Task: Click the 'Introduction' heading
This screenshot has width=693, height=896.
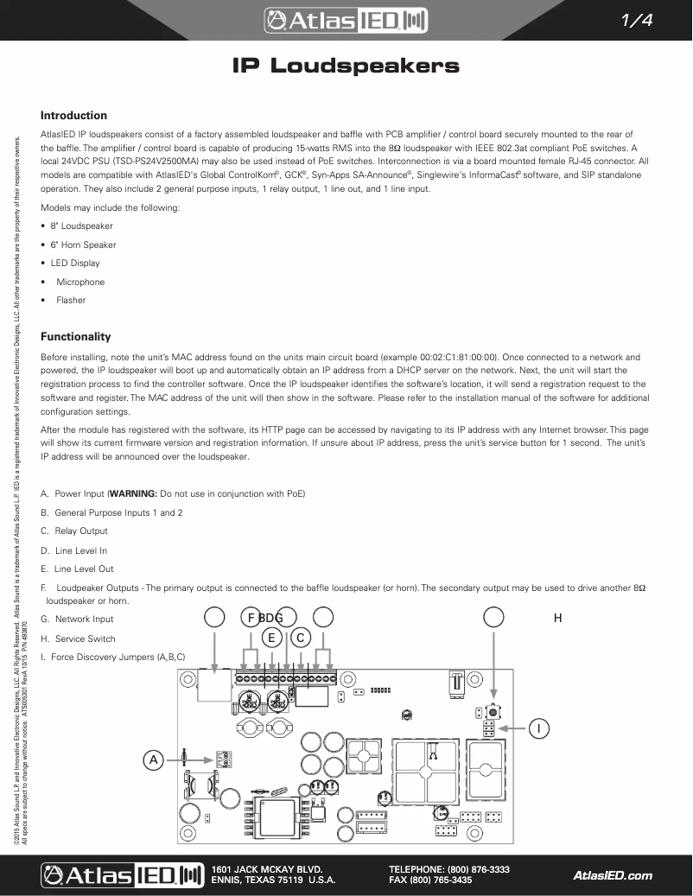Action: [74, 116]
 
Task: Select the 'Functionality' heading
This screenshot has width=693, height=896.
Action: [76, 337]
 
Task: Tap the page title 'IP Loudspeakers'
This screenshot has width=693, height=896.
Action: [346, 67]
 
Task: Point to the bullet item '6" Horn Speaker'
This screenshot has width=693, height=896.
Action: [83, 245]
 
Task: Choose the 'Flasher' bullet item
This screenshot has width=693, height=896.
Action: [71, 301]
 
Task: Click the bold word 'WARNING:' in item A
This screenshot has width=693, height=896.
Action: [132, 493]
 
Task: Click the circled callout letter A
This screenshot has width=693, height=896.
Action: [153, 760]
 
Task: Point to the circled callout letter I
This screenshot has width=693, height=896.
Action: [538, 729]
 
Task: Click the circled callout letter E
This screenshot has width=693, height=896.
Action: [271, 638]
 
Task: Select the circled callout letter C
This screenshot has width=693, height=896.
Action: [300, 638]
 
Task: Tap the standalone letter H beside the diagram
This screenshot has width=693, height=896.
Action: [558, 618]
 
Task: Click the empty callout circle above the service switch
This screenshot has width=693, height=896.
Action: [493, 617]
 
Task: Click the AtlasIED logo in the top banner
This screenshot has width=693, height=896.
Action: [346, 20]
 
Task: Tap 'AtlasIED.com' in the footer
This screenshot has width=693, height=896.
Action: [613, 875]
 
